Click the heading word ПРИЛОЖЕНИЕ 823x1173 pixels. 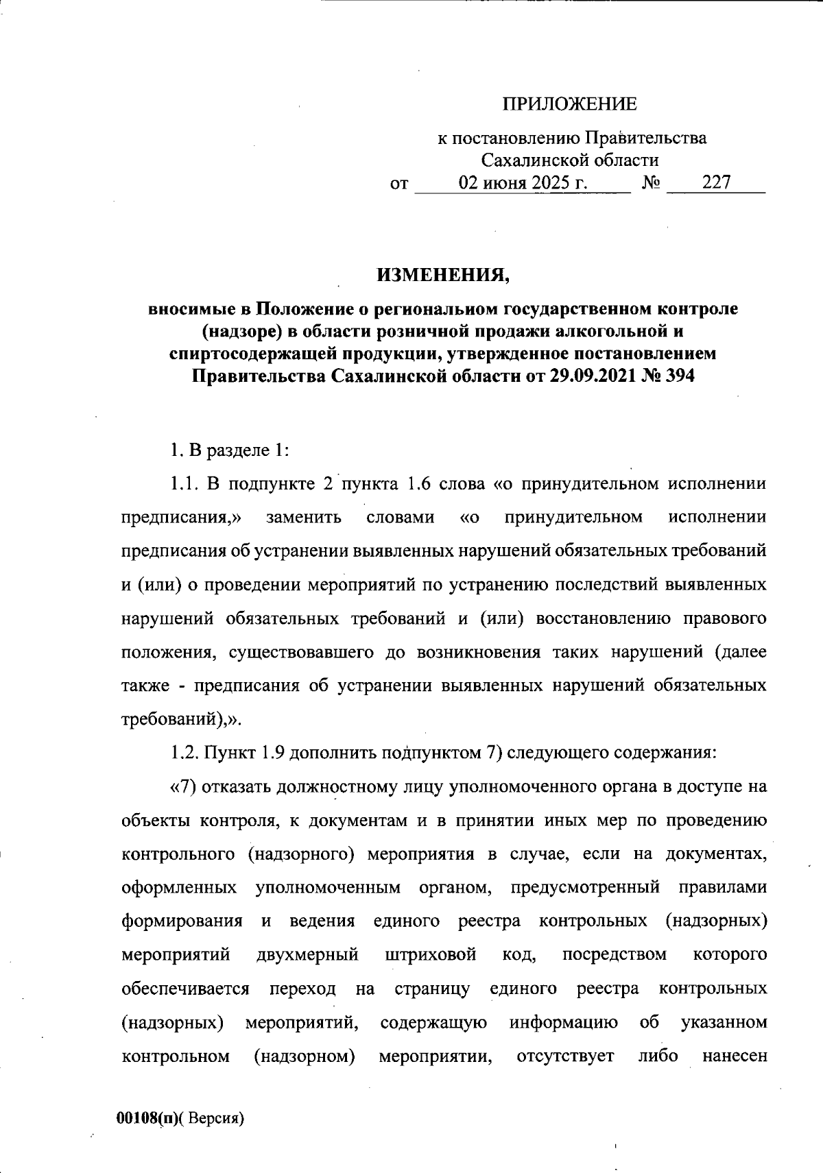tap(569, 104)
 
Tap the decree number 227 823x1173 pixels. tap(716, 182)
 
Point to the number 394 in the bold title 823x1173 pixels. tap(676, 376)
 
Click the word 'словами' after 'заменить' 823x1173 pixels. tap(401, 517)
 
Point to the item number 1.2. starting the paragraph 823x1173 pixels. tap(183, 753)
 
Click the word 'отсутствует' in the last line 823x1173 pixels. tap(565, 1055)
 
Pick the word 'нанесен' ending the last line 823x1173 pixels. tap(734, 1055)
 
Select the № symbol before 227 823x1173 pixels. tap(652, 183)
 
